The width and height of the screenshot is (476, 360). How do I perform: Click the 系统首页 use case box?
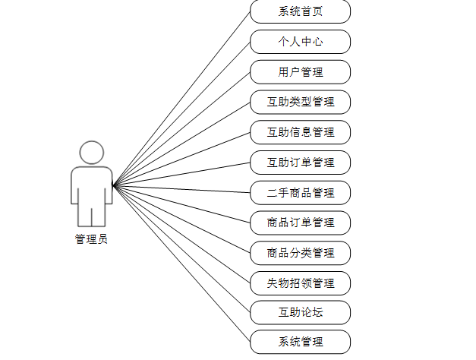coord(300,12)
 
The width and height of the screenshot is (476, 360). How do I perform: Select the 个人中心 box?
coord(300,42)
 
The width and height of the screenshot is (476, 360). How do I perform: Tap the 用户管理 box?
coord(300,72)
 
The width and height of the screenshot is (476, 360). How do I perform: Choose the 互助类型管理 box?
coord(300,102)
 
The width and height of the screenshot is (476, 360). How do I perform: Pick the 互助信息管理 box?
coord(300,132)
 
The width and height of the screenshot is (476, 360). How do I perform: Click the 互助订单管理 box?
coord(300,162)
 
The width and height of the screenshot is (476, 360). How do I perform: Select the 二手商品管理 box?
coord(300,192)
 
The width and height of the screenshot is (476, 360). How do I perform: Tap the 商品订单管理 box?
coord(300,223)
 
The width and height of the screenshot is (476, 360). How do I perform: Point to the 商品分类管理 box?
coord(300,252)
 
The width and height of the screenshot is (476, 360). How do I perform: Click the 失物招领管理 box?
coord(300,283)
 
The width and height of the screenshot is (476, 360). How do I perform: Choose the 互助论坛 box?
coord(300,312)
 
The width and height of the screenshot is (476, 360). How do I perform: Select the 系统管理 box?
coord(300,342)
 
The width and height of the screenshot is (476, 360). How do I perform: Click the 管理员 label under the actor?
coord(91,239)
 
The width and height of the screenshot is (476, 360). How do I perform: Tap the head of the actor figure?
coord(92,153)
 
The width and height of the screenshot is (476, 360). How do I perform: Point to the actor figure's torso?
coord(92,185)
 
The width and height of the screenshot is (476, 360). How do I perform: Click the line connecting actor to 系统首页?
coord(181,98)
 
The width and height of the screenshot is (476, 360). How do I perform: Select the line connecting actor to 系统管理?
coord(181,263)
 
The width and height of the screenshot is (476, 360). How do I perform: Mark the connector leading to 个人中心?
coord(181,113)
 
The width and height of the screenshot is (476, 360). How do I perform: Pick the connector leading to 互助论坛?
coord(181,248)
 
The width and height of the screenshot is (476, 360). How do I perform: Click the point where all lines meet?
coord(113,185)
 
